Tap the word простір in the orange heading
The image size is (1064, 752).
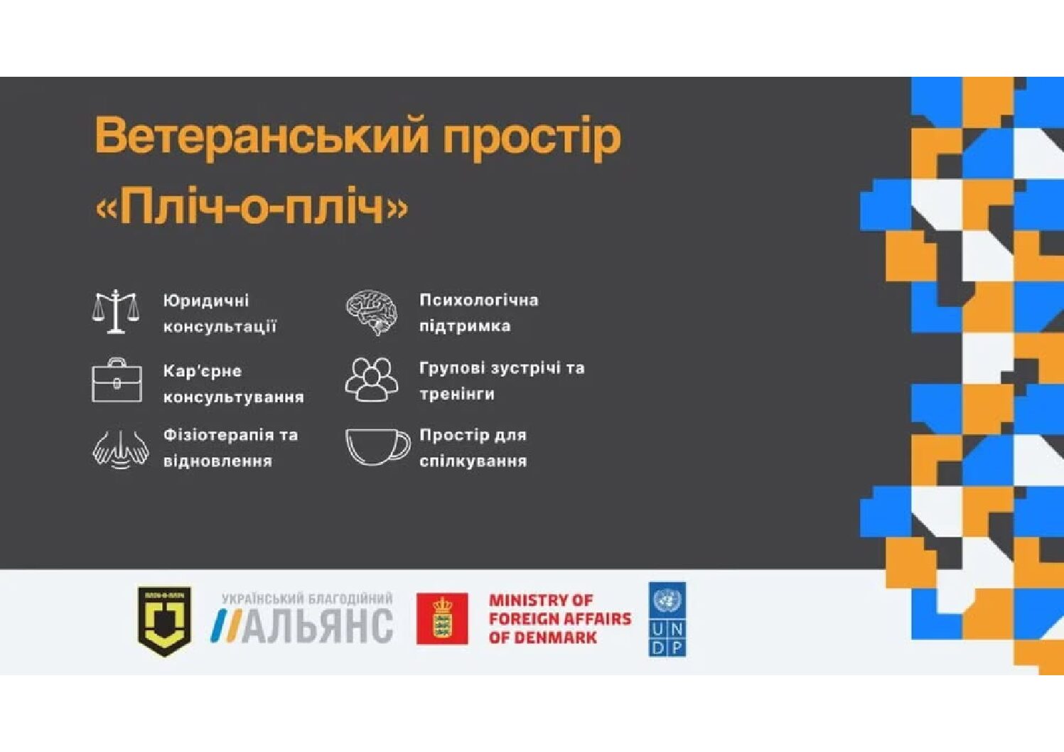532,136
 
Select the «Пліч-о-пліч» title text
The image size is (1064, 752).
252,208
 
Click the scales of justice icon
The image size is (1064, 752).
116,311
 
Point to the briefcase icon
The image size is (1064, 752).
117,381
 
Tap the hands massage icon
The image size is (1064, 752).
120,449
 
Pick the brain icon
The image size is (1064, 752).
372,311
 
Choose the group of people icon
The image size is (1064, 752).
371,380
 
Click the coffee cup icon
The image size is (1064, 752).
377,446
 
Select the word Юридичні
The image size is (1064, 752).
206,301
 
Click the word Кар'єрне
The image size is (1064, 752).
203,371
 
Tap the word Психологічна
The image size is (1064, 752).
478,300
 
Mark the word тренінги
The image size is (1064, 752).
456,394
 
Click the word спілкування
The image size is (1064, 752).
473,461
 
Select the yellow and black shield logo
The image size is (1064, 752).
165,621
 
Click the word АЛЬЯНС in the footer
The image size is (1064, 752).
318,626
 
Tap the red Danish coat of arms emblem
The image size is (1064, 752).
442,618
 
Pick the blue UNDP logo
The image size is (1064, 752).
667,619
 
